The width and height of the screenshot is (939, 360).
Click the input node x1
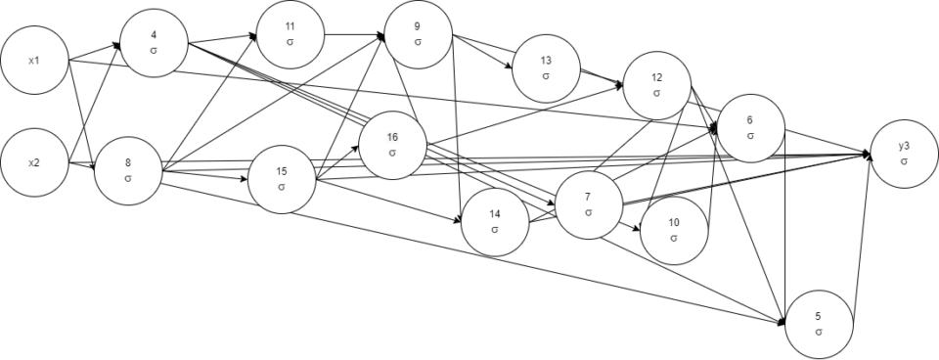34,61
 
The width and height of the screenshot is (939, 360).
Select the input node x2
34,161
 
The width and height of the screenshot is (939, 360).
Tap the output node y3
904,153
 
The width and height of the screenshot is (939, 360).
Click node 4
154,43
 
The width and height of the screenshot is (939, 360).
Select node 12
656,85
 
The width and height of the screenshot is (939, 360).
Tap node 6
750,127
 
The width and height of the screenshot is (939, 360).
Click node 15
281,179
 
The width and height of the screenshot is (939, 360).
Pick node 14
495,222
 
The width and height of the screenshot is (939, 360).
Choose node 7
589,204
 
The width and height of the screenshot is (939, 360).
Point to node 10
674,231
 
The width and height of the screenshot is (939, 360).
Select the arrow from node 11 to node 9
353,35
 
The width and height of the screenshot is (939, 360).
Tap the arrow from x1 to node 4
94,53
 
